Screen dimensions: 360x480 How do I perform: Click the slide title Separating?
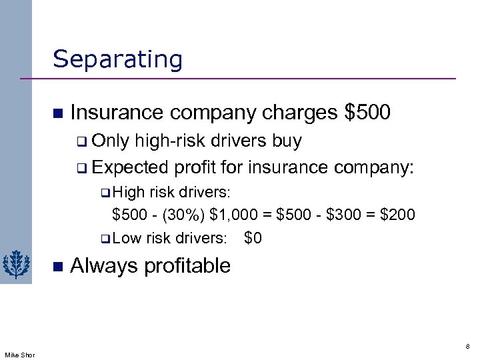117,59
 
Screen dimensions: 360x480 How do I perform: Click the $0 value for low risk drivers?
253,237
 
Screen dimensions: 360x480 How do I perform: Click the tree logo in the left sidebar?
15,265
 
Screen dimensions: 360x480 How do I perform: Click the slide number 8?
467,347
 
